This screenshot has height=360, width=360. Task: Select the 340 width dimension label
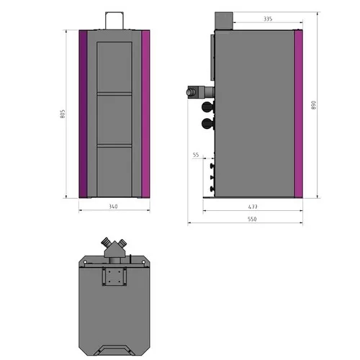[114, 207]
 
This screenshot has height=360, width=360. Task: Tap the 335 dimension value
[248, 19]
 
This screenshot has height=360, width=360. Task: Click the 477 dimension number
[252, 207]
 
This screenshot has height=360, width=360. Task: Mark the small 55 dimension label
[196, 155]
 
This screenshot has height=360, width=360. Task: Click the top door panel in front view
[114, 67]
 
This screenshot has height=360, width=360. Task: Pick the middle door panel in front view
[114, 119]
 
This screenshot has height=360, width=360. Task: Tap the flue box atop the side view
[222, 22]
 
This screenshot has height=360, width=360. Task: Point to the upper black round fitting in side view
[208, 107]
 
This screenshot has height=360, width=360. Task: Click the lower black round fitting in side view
[208, 123]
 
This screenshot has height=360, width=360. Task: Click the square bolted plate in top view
[114, 276]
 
